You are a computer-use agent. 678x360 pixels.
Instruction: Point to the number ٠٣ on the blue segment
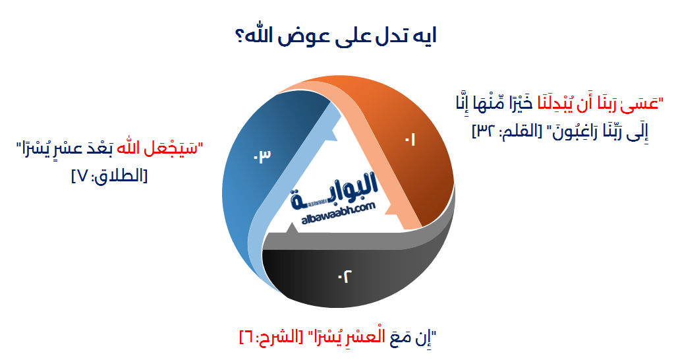(x=262, y=156)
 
